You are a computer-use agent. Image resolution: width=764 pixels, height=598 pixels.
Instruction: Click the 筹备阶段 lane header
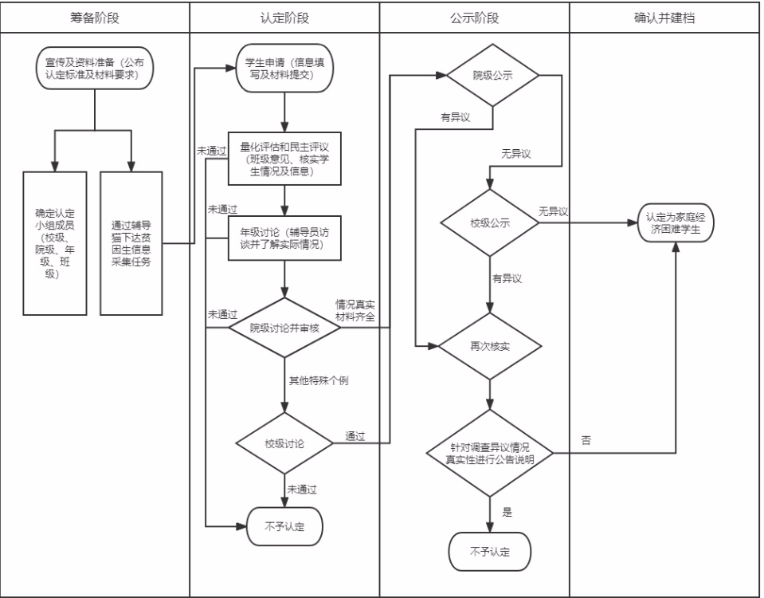95,17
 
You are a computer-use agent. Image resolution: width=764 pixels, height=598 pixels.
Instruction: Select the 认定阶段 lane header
284,17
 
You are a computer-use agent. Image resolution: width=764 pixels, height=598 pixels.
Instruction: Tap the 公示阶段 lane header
474,17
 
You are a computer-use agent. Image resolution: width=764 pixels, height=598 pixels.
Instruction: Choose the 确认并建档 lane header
664,17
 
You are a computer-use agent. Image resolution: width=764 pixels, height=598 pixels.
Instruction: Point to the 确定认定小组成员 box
53,242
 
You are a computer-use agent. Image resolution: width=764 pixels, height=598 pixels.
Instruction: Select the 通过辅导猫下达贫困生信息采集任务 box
131,242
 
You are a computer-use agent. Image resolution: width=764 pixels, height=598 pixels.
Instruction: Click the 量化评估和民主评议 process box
284,158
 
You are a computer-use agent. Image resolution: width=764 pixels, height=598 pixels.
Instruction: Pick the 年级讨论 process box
284,238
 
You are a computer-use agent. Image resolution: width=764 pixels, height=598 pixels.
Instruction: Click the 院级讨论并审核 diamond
284,327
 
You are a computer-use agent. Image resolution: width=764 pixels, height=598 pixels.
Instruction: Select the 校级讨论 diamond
284,441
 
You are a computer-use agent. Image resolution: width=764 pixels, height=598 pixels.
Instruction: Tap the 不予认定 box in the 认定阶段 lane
284,525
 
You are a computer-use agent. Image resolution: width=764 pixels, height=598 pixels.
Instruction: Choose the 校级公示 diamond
492,223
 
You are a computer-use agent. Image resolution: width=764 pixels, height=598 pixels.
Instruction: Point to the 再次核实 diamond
492,347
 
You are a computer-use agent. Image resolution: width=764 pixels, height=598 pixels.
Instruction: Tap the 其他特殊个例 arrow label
319,380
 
